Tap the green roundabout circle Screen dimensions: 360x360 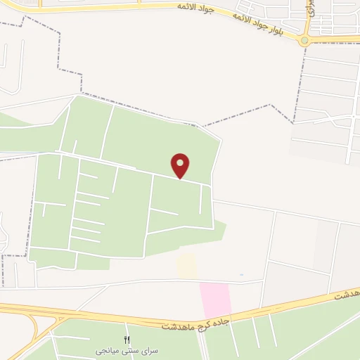tap(304, 41)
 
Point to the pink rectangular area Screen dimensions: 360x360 tap(215, 299)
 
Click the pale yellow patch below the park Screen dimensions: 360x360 tap(186, 266)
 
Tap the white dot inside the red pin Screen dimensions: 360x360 tap(181, 163)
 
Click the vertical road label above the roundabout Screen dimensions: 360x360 tap(309, 8)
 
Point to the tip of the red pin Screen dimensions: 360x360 tap(181, 177)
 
